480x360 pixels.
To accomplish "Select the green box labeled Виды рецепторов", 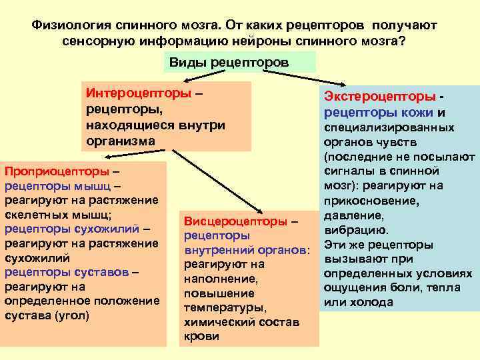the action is point(239,62).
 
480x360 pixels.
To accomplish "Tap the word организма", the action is point(121,141).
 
